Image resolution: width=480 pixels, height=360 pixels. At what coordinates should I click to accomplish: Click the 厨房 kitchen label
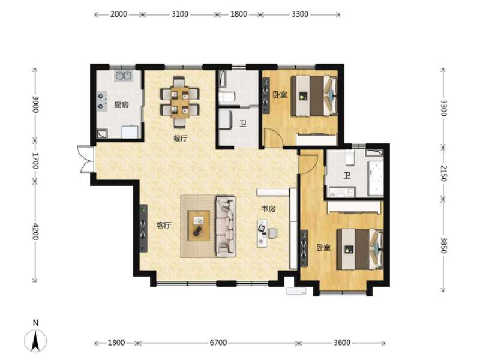click(121, 105)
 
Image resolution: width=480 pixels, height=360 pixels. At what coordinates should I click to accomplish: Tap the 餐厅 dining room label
click(181, 138)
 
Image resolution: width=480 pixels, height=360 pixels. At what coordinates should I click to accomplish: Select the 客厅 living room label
click(164, 226)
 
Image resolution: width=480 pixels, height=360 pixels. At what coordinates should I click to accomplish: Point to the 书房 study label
click(268, 209)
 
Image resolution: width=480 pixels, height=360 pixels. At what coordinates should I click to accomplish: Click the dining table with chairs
click(179, 101)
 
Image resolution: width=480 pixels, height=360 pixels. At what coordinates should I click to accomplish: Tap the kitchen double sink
click(124, 76)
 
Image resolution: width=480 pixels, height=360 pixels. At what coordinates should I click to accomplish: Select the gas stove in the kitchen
click(101, 101)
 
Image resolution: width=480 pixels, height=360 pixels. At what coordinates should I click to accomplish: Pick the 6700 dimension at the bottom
click(218, 343)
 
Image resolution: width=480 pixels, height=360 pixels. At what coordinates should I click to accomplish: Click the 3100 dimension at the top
click(179, 14)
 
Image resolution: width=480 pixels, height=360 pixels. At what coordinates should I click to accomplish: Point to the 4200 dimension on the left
click(35, 232)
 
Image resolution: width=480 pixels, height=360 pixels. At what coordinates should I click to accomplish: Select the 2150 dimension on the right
click(443, 173)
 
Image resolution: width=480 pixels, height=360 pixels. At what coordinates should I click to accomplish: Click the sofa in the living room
click(226, 226)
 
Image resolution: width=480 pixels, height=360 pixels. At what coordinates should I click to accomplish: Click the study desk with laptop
click(263, 232)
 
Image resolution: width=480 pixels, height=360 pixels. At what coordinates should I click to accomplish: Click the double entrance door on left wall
click(85, 160)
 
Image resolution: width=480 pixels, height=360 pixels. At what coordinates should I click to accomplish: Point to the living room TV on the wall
click(143, 229)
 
